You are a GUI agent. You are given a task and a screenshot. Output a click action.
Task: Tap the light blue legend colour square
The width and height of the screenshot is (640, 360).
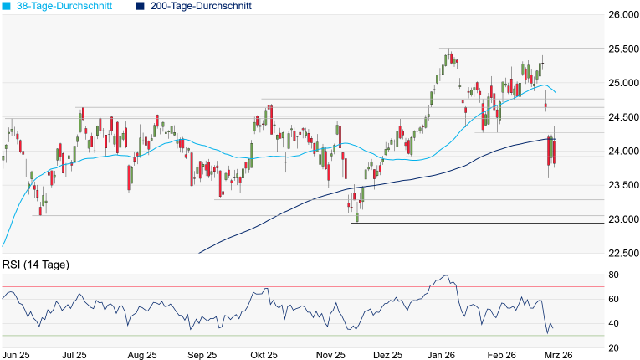[x=6, y=6]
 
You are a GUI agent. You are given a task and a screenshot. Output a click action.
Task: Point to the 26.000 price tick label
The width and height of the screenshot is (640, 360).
[x=622, y=15]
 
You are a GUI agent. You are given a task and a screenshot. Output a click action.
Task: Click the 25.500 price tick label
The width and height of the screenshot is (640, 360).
[x=622, y=49]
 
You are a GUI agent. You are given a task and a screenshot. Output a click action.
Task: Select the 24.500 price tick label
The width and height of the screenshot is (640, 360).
[x=622, y=117]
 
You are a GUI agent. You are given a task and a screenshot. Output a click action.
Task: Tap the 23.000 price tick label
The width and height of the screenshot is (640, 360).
[x=622, y=219]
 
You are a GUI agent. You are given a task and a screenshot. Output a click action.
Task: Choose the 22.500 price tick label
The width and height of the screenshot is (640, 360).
[x=622, y=254]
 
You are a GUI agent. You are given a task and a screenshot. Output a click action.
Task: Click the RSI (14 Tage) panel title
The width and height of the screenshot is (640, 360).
[x=35, y=265]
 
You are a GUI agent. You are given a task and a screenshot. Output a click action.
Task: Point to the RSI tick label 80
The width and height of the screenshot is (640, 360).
[x=613, y=275]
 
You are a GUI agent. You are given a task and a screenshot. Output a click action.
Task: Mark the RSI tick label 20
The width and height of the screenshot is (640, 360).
[x=613, y=347]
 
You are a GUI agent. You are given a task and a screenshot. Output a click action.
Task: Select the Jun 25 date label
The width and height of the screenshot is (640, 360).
[x=16, y=355]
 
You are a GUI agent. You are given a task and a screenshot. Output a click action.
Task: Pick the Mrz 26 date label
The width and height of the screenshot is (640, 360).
[x=558, y=355]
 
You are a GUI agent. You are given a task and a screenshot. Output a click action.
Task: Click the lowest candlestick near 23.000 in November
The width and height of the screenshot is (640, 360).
[x=356, y=218]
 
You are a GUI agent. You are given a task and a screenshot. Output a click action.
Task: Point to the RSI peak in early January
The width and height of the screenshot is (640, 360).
[x=446, y=275]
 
